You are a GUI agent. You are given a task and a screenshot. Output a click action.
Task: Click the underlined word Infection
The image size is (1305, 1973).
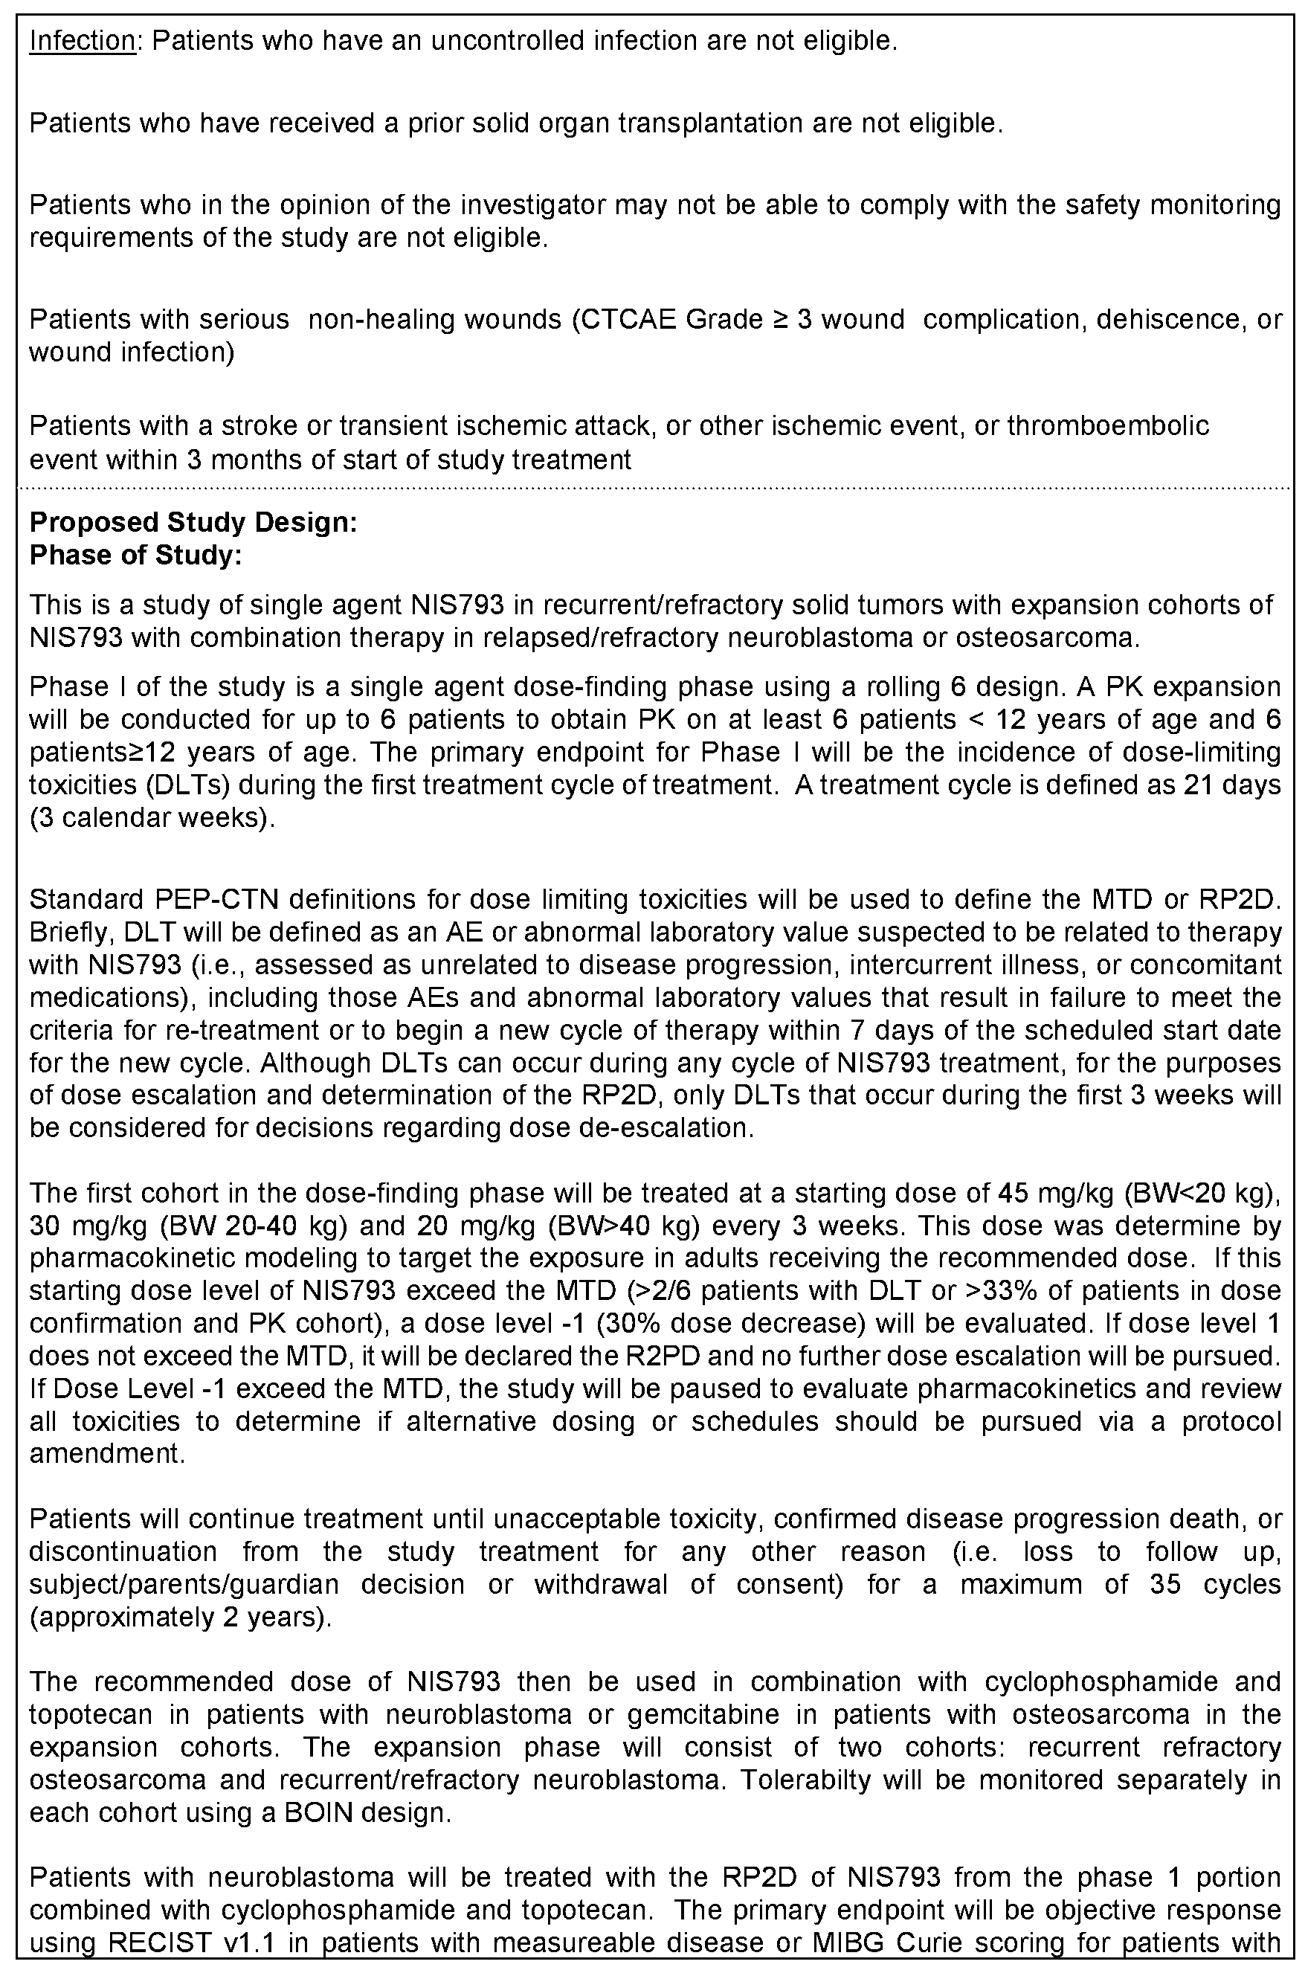82,41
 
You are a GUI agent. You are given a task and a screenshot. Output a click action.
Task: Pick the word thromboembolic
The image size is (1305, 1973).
1108,426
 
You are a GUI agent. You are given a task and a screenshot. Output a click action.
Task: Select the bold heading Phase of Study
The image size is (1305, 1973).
135,555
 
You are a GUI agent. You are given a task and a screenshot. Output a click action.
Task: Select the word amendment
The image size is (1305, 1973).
106,1454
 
